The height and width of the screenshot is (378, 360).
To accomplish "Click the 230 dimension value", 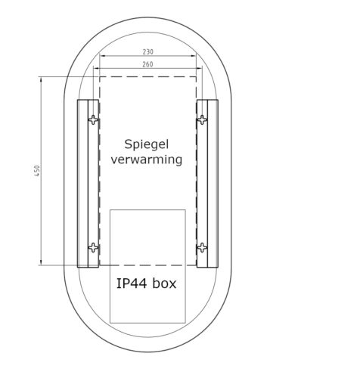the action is click(x=148, y=52).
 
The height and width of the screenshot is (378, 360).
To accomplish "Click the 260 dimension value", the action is click(x=147, y=64).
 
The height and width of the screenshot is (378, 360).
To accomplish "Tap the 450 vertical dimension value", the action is click(x=37, y=171).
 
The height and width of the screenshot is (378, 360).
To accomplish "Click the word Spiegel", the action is click(x=147, y=144).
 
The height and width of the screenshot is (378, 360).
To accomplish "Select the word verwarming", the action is click(x=147, y=160).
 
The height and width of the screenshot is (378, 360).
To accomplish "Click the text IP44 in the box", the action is click(x=132, y=283).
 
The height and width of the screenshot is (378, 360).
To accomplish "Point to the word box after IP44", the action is click(x=164, y=283).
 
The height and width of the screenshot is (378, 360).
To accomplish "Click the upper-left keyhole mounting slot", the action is click(x=94, y=119).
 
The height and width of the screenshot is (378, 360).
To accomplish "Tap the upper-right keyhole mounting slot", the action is click(x=202, y=119).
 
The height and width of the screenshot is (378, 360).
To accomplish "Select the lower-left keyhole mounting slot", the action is click(x=94, y=248).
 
